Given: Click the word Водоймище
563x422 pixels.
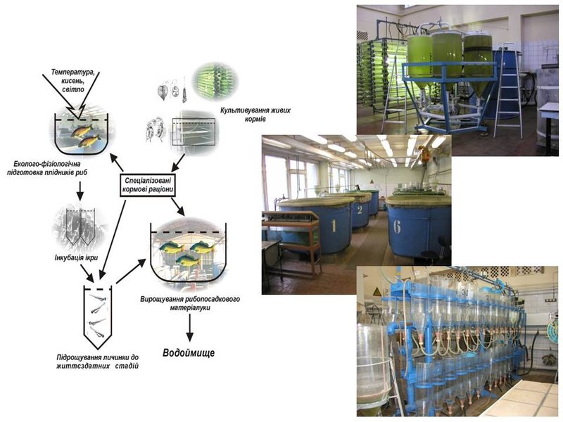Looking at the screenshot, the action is coord(189,353).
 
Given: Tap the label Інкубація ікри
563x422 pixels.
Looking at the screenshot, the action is coord(76,257).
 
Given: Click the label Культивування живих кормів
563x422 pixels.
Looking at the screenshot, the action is coord(255,114).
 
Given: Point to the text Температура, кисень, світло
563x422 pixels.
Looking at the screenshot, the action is coord(73,80).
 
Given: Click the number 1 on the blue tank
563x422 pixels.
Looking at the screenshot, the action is coord(334,226).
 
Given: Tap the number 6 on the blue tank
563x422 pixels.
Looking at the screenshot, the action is coord(397,226).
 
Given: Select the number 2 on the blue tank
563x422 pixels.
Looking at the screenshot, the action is coord(360,210).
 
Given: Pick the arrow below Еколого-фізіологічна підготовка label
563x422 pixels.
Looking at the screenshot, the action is coord(80,191).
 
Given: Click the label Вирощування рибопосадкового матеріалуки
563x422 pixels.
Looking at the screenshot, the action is coord(190,303).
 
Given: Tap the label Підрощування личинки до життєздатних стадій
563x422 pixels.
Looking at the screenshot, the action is coord(97,362).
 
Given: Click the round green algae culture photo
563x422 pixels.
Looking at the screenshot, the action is coord(215,81).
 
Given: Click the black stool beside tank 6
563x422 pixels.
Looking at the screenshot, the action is coord(431,255).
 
